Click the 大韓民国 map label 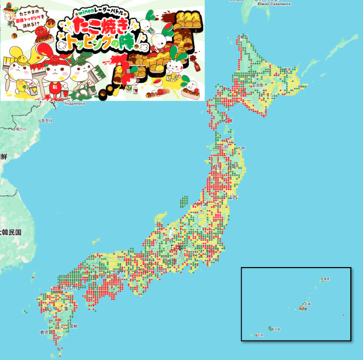(10, 232)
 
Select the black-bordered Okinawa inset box (295, 303)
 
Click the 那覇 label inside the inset (304, 305)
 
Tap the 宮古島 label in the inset (277, 328)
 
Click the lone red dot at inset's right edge (343, 315)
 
